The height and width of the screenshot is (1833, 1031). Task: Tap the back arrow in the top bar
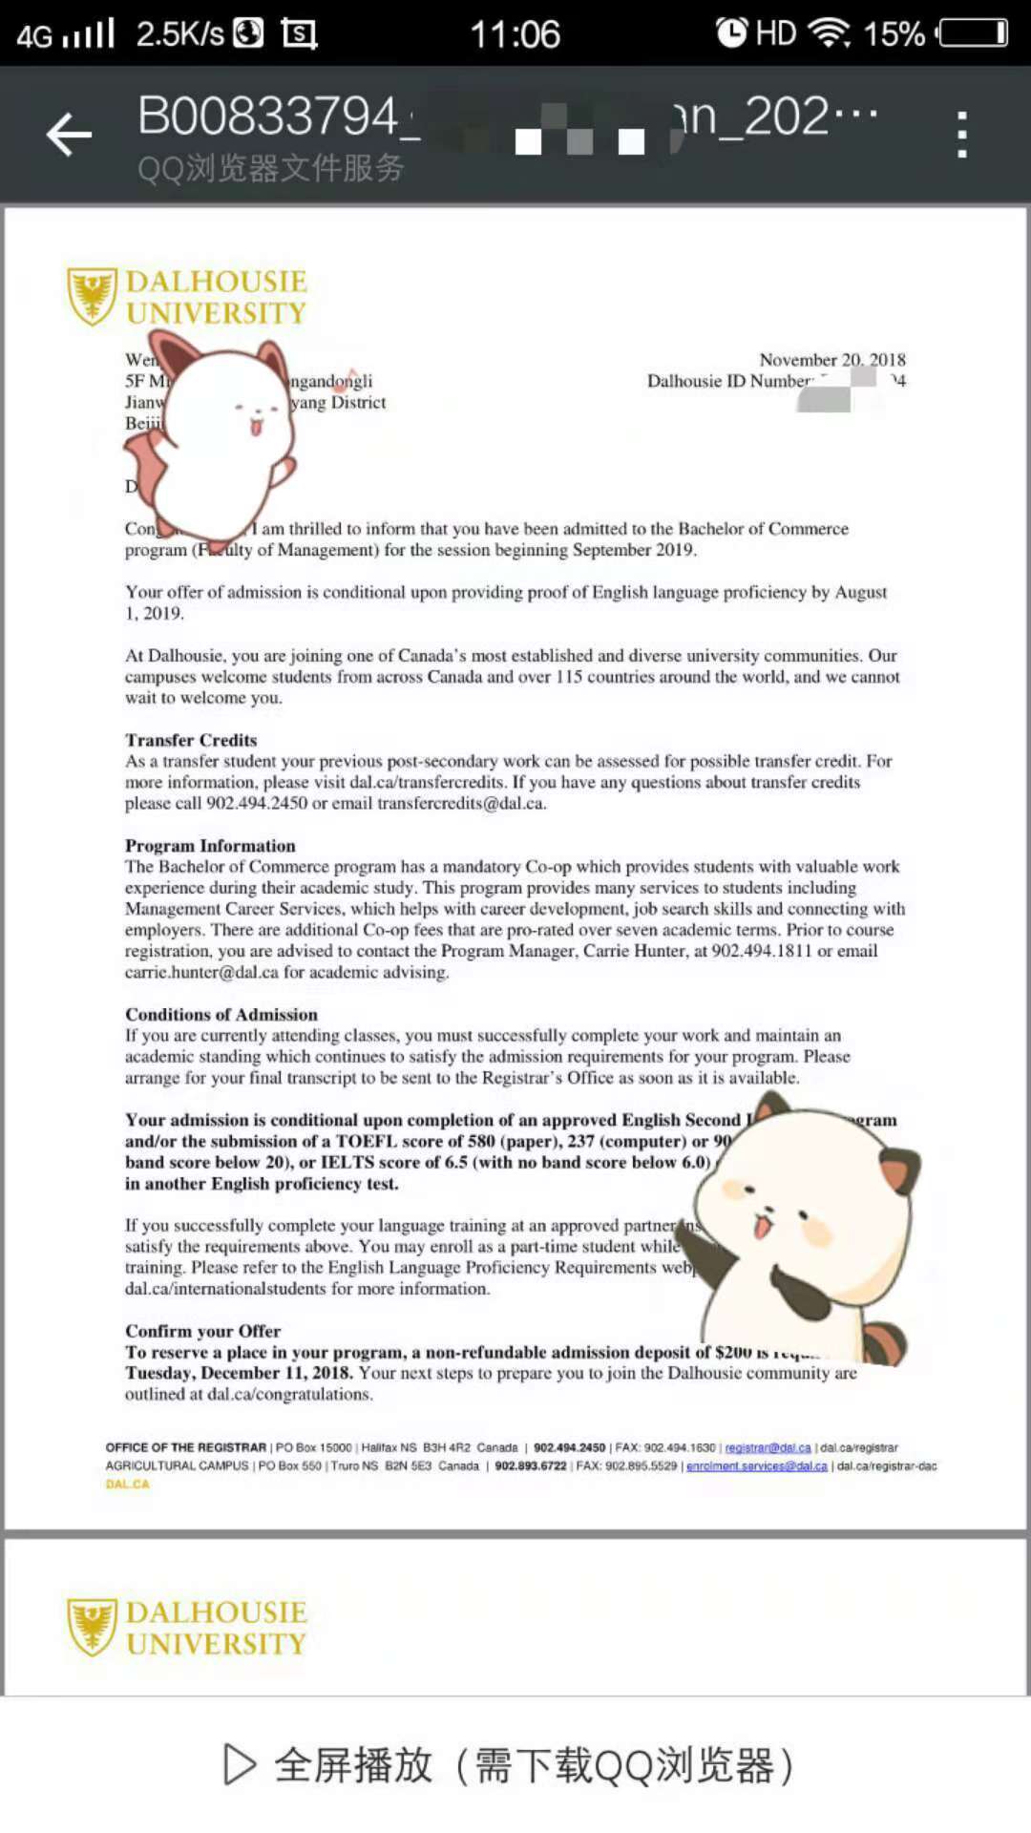pyautogui.click(x=69, y=134)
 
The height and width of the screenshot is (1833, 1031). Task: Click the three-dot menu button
pyautogui.click(x=962, y=134)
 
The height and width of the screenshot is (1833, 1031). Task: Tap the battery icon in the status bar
pyautogui.click(x=973, y=33)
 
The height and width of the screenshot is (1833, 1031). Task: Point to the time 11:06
pyautogui.click(x=515, y=34)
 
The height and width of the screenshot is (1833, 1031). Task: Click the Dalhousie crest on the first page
pyautogui.click(x=92, y=296)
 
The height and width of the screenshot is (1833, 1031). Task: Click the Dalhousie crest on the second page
pyautogui.click(x=92, y=1627)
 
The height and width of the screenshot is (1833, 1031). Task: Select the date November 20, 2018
pyautogui.click(x=831, y=360)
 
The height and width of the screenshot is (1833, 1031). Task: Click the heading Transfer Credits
pyautogui.click(x=191, y=740)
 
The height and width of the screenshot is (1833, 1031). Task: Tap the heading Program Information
pyautogui.click(x=210, y=846)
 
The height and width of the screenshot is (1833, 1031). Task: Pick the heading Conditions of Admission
pyautogui.click(x=221, y=1015)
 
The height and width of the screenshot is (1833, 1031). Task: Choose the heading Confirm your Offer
pyautogui.click(x=202, y=1331)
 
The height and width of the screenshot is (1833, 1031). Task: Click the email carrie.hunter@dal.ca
pyautogui.click(x=201, y=972)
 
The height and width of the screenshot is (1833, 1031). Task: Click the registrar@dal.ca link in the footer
pyautogui.click(x=768, y=1448)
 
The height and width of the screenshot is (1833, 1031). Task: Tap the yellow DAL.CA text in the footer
pyautogui.click(x=127, y=1485)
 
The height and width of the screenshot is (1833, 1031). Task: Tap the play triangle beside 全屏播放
pyautogui.click(x=239, y=1764)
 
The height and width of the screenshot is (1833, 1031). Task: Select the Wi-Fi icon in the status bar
pyautogui.click(x=829, y=33)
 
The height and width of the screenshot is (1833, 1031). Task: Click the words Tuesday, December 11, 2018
pyautogui.click(x=239, y=1373)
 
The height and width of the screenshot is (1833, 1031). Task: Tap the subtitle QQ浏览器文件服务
pyautogui.click(x=270, y=169)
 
